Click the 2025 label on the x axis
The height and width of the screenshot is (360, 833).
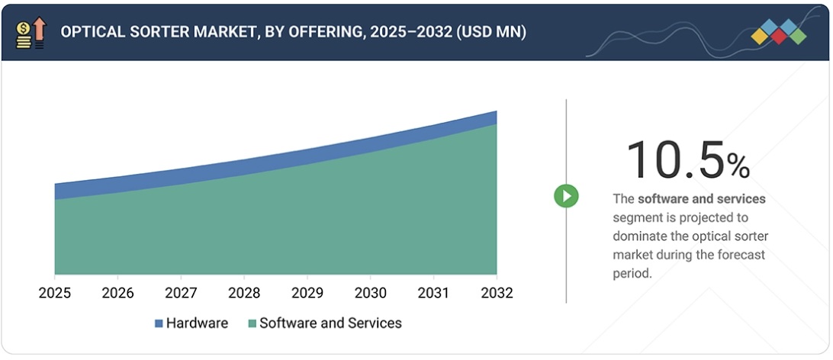click(x=54, y=293)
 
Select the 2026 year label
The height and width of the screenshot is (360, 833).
click(x=117, y=293)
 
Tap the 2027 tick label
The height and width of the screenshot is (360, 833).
click(x=181, y=293)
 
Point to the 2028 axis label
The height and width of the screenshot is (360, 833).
click(x=244, y=293)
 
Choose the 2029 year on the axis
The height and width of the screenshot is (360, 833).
click(x=307, y=293)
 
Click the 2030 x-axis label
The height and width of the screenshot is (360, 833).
click(x=371, y=293)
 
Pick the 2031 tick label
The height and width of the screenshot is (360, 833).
click(x=434, y=293)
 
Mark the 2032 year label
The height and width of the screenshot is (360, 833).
click(x=497, y=293)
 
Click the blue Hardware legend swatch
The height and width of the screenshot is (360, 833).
click(x=159, y=323)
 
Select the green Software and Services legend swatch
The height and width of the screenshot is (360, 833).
click(x=252, y=323)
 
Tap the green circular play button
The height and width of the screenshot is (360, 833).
click(x=566, y=196)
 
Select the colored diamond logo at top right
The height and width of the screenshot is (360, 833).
click(x=777, y=32)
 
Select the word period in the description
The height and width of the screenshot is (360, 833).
click(x=632, y=274)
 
